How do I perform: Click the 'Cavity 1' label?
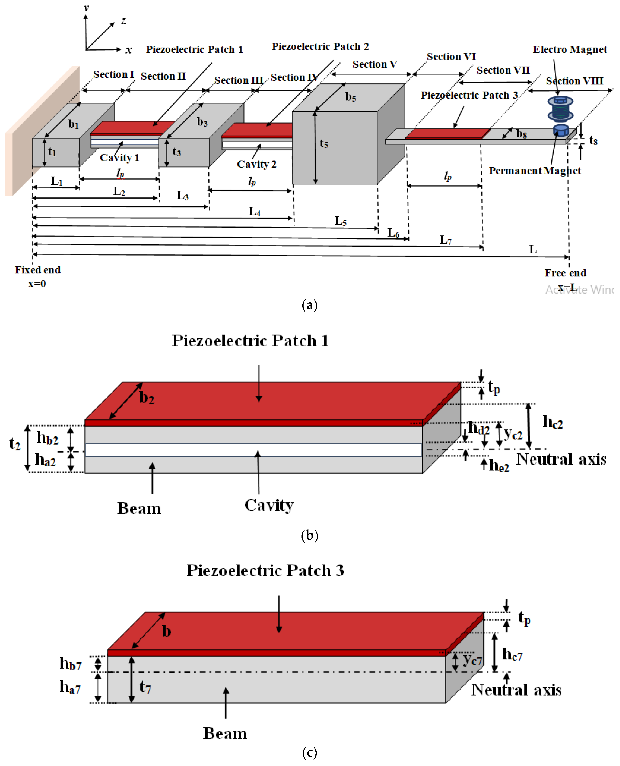(x=119, y=158)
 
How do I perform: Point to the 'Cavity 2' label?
(x=256, y=164)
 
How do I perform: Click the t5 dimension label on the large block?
(x=324, y=143)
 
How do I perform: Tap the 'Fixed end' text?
(x=38, y=270)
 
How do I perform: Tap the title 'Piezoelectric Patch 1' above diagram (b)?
(x=250, y=341)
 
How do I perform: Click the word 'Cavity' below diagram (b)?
(x=269, y=505)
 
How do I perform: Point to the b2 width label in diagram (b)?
(x=147, y=397)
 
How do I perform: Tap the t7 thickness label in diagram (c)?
(x=145, y=687)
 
